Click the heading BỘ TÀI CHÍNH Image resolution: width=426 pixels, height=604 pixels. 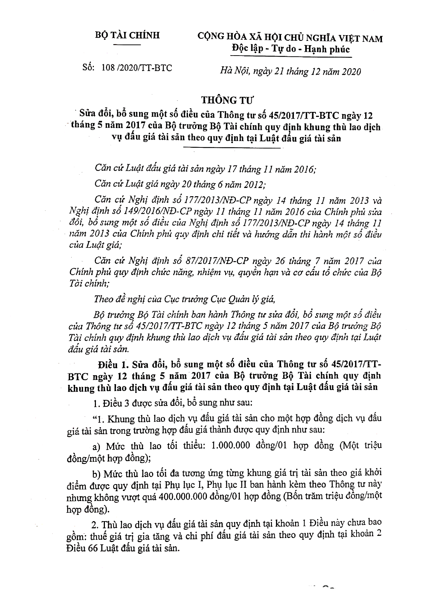[x=127, y=36]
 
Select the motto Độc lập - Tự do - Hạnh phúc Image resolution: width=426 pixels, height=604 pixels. [x=290, y=49]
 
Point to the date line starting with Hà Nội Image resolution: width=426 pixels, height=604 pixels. [x=290, y=71]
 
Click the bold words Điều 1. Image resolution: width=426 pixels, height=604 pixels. [x=113, y=365]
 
